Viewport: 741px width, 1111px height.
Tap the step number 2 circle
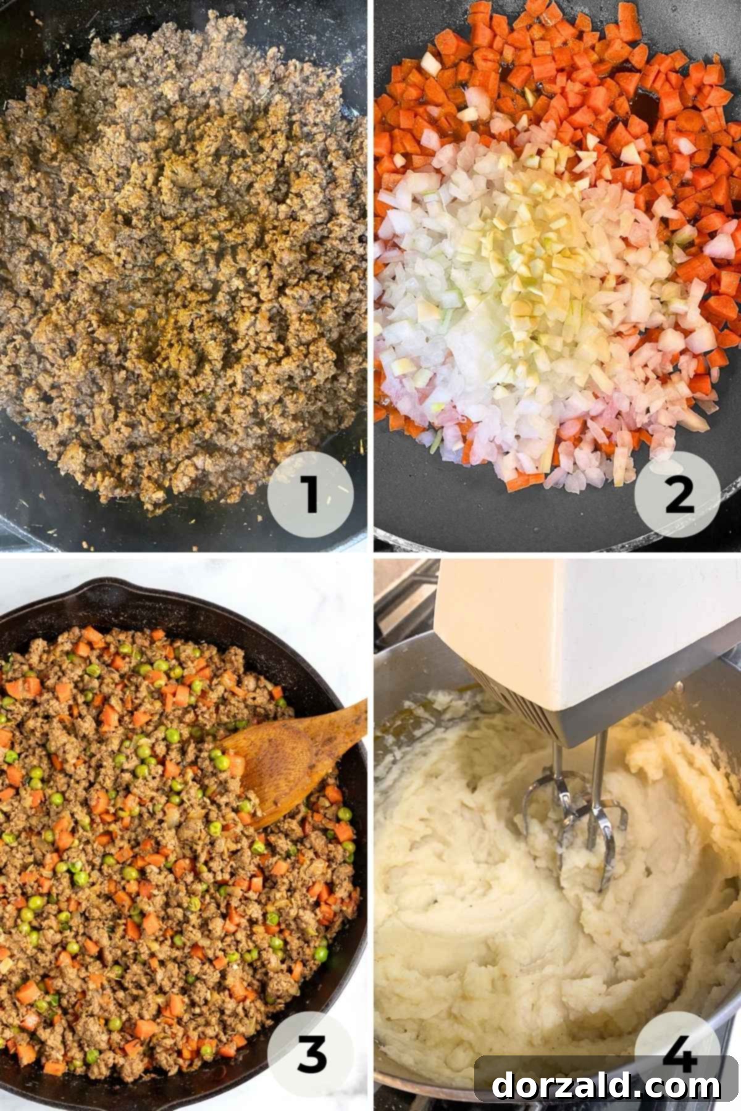[x=677, y=494]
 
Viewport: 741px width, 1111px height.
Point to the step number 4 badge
[x=677, y=1043]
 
